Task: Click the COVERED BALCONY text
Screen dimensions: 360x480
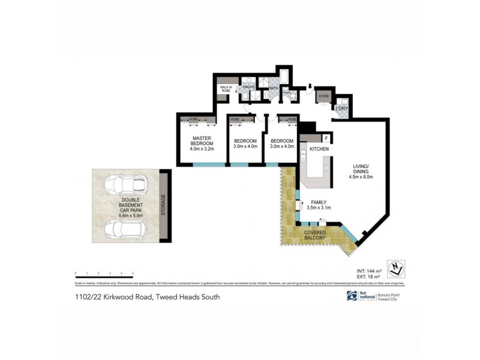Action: point(315,235)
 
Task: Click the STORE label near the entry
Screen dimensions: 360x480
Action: point(323,96)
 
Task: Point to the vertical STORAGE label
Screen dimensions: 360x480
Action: point(163,206)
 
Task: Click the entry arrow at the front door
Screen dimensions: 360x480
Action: point(310,88)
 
